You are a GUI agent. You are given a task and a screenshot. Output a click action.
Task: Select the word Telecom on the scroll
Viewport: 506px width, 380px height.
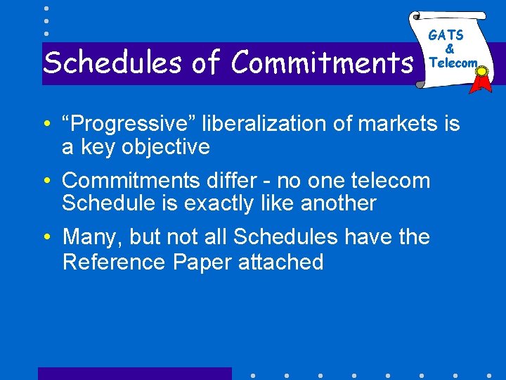(x=453, y=62)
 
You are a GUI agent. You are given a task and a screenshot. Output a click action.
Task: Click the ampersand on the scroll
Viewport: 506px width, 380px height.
(x=450, y=49)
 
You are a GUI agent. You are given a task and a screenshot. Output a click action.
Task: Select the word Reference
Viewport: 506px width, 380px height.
(x=113, y=262)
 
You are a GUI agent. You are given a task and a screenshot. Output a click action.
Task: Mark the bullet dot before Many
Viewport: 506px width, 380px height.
(x=46, y=238)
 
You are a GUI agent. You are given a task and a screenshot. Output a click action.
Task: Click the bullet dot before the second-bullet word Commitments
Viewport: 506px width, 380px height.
(x=46, y=182)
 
